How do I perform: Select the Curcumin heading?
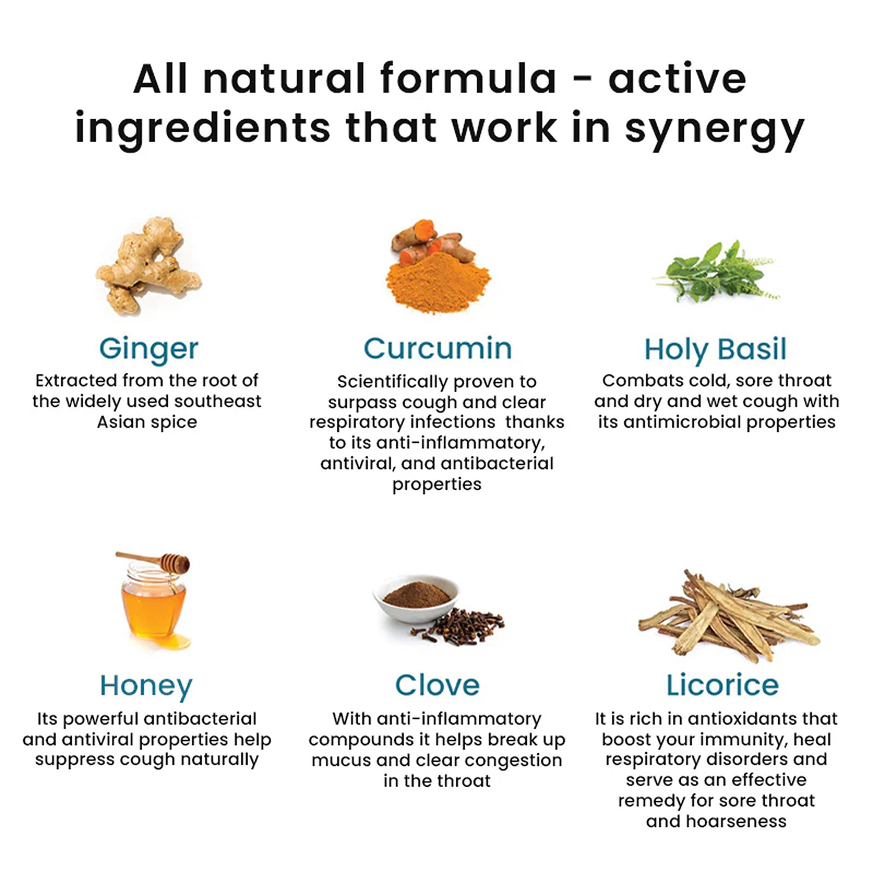(438, 349)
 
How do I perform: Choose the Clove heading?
(437, 685)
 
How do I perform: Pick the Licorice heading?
(723, 685)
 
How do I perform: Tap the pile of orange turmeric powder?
(438, 283)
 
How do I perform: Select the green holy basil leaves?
(716, 271)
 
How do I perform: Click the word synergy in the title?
(715, 129)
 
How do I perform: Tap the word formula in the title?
(469, 79)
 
